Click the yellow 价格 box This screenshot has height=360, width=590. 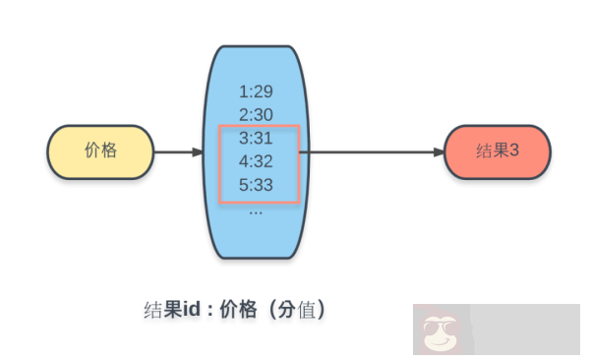(101, 151)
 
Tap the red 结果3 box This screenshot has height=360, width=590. (497, 151)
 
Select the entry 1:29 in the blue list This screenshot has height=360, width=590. (256, 91)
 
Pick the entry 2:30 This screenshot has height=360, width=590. (256, 115)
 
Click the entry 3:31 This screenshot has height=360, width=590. (256, 139)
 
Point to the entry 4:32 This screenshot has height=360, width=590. (256, 161)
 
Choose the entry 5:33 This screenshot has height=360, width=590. (256, 184)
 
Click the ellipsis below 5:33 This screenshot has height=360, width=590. (256, 210)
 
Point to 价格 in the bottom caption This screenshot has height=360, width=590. (239, 309)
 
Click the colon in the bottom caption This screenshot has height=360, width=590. (209, 310)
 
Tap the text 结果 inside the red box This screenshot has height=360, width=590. (491, 151)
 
